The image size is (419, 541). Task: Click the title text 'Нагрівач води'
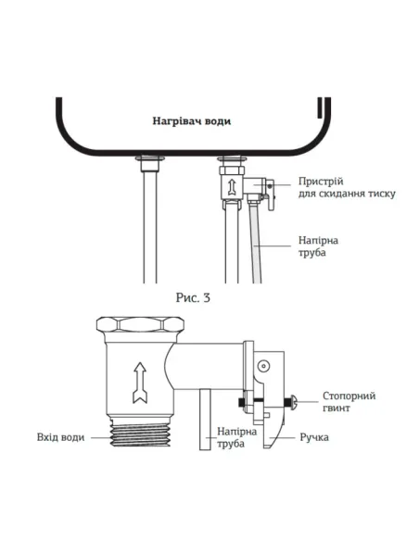tap(192, 121)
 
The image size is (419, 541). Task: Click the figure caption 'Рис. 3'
tap(194, 297)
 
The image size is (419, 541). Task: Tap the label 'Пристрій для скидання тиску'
tap(348, 187)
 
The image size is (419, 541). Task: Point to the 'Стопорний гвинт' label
tap(350, 402)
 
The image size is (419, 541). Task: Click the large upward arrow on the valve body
tap(140, 381)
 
